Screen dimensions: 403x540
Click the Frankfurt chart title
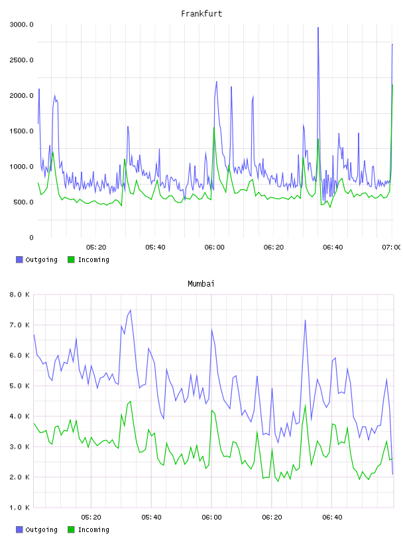201,14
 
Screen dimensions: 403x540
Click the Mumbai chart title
201,284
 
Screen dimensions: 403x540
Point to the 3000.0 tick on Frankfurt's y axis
21,24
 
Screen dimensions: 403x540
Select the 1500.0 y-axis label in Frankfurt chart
21,131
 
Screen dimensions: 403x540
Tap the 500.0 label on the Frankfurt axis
23,202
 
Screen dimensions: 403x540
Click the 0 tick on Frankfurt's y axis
31,238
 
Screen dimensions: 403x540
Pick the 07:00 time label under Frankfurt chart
391,247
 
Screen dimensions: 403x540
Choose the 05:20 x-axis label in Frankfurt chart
96,247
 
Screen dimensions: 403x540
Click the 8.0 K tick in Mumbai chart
20,294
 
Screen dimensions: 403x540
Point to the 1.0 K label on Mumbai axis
20,508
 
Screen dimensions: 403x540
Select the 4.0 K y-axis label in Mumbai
20,416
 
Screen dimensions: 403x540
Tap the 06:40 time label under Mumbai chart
332,517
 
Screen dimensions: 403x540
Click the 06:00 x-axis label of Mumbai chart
212,517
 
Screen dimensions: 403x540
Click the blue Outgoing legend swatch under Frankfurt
19,259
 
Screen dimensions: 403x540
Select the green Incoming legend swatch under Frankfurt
71,259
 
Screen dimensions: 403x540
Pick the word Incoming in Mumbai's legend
93,529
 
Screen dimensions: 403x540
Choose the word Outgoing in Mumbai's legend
41,529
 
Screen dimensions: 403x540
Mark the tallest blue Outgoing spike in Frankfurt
318,28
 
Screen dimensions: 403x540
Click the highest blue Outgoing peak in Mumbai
130,310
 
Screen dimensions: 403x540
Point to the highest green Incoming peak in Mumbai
130,401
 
